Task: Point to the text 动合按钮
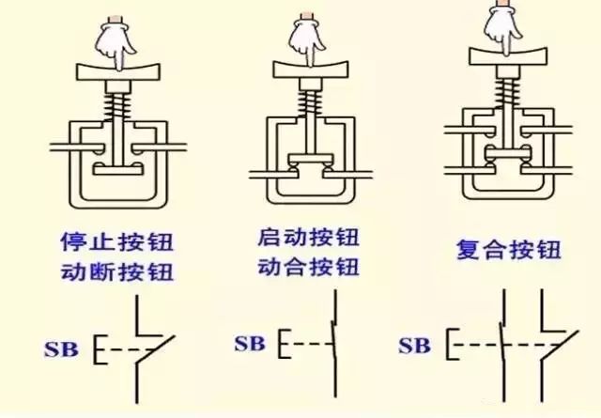point(307,266)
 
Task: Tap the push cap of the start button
point(308,70)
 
